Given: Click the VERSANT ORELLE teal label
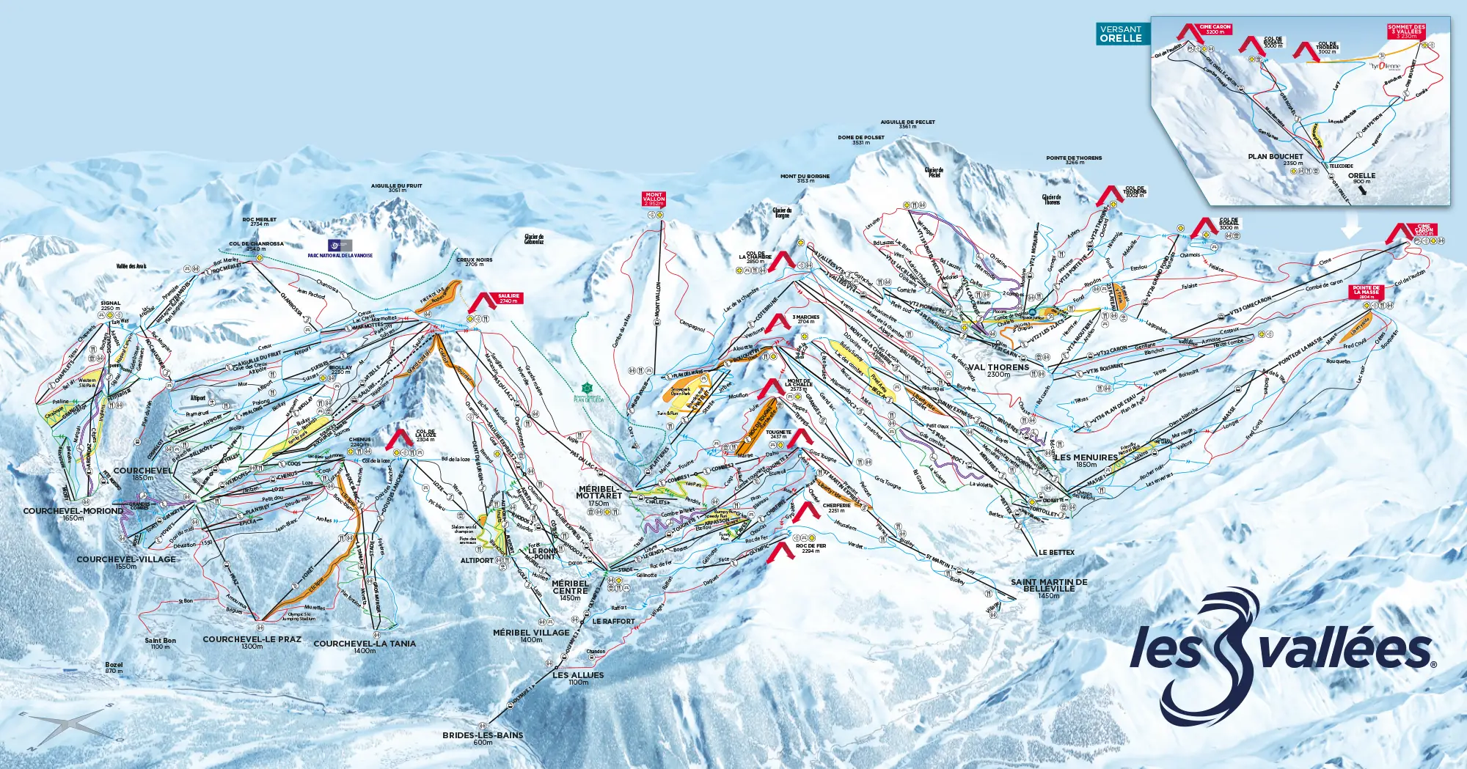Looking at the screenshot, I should pyautogui.click(x=1122, y=34).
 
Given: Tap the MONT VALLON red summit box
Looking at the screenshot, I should pyautogui.click(x=654, y=199).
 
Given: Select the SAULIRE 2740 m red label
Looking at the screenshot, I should pyautogui.click(x=508, y=298).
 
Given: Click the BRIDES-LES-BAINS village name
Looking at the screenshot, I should pyautogui.click(x=483, y=737).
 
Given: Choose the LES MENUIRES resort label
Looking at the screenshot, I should pyautogui.click(x=1086, y=460).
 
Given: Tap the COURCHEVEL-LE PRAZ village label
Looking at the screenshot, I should pyautogui.click(x=252, y=641).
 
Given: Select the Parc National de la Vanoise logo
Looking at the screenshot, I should pyautogui.click(x=340, y=246).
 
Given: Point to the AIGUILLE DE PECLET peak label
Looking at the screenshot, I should pyautogui.click(x=907, y=124).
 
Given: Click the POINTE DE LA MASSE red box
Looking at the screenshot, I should pyautogui.click(x=1367, y=292).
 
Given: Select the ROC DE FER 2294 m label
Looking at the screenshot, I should pyautogui.click(x=811, y=548).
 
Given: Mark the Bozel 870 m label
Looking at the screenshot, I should pyautogui.click(x=114, y=667).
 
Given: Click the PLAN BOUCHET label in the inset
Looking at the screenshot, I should pyautogui.click(x=1276, y=158).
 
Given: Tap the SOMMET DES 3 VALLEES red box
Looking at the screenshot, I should pyautogui.click(x=1406, y=31).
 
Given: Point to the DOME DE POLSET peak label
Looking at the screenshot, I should pyautogui.click(x=861, y=139).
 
